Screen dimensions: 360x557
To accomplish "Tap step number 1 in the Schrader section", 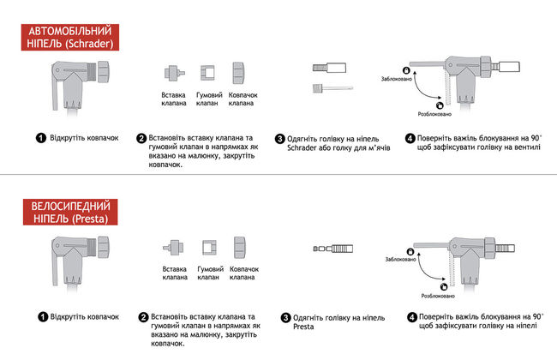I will [x=40, y=138].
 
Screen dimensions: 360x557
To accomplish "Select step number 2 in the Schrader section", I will [x=141, y=138].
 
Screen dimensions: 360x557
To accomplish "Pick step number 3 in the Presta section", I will [x=286, y=316].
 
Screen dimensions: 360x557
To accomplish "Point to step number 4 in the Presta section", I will [x=412, y=316].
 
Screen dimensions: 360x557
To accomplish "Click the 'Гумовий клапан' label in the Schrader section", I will [x=210, y=99].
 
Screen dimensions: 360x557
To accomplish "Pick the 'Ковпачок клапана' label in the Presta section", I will [x=244, y=274].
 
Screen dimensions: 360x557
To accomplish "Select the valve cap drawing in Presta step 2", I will [x=241, y=248].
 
